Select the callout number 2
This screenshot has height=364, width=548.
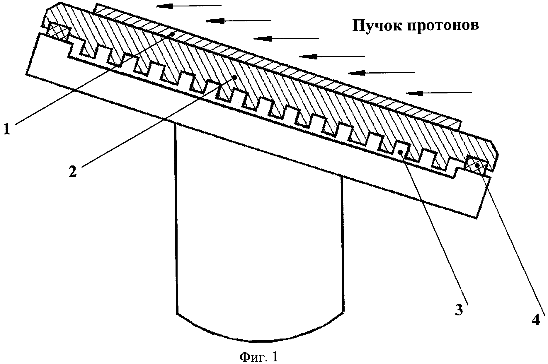[73, 171]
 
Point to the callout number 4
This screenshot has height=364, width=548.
[535, 321]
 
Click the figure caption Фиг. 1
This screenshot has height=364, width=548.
[258, 357]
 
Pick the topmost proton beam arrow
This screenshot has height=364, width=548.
[189, 6]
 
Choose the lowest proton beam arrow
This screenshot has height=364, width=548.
[439, 93]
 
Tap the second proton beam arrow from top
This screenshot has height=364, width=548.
[239, 20]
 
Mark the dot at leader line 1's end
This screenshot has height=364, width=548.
[173, 34]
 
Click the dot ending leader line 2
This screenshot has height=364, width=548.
[235, 77]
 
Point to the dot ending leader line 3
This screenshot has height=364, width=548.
[400, 152]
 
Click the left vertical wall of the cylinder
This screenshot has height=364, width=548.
[176, 217]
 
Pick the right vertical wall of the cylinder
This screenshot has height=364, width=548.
[342, 243]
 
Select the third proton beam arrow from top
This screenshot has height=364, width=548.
[286, 38]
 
